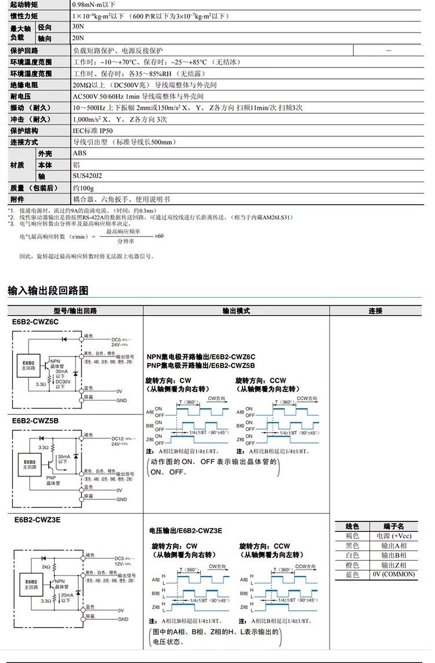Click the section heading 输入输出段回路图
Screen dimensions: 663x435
[x=48, y=290]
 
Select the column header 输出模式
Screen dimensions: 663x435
[x=236, y=311]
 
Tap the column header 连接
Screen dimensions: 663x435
[x=375, y=311]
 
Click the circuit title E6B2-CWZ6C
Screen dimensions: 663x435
[x=35, y=322]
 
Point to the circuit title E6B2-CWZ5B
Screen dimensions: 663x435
[x=35, y=421]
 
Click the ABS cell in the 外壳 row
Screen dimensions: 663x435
[x=79, y=153]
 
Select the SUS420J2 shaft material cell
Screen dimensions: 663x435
[x=87, y=176]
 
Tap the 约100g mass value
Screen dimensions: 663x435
[x=83, y=188]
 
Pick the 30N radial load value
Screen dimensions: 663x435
[x=78, y=27]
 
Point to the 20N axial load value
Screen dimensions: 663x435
[x=78, y=38]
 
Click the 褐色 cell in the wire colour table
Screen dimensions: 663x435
[x=352, y=536]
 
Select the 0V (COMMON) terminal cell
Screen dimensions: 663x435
[x=394, y=574]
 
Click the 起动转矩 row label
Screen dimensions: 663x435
[x=23, y=4]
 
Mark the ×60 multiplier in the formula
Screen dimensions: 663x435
[x=159, y=236]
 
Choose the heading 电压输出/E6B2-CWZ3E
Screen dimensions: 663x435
[x=186, y=531]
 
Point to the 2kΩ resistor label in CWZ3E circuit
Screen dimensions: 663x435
[x=46, y=567]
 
